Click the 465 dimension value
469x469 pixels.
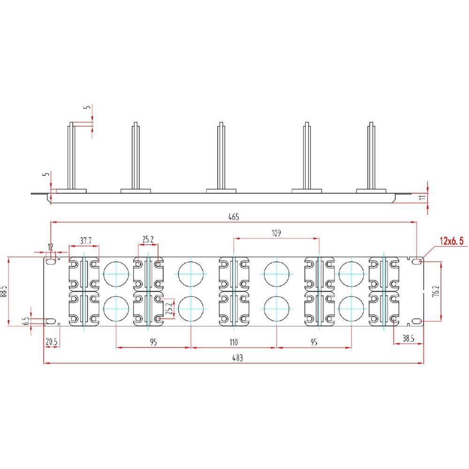pos(234,217)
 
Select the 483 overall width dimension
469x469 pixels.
pos(238,358)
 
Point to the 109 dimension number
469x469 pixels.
pos(276,233)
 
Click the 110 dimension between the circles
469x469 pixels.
pos(234,342)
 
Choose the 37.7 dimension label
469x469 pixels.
pos(85,241)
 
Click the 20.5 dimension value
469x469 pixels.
pos(51,342)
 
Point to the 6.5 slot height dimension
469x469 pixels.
pos(26,321)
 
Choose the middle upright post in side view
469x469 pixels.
pos(220,155)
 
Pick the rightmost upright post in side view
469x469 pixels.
pos(371,155)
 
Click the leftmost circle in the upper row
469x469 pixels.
pos(116,273)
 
